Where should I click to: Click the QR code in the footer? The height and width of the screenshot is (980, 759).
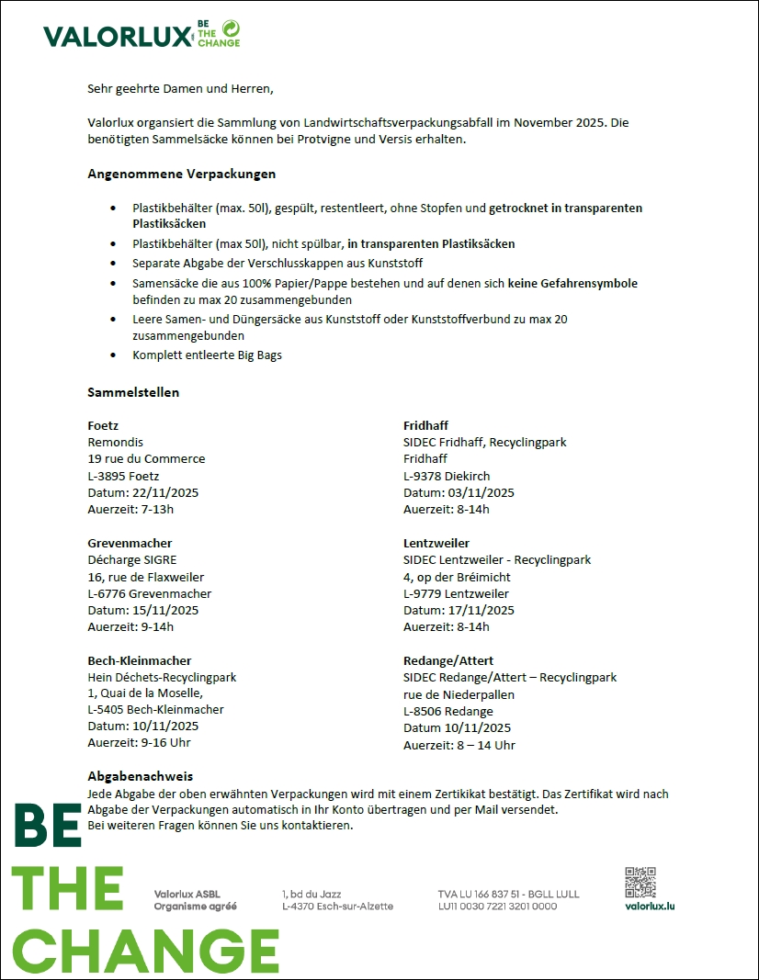click(640, 882)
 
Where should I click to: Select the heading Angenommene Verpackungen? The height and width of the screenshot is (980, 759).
click(181, 174)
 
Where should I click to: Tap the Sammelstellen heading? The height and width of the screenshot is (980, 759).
click(133, 392)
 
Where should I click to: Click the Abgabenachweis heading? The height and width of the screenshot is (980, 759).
click(140, 776)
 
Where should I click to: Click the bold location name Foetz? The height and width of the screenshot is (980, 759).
click(103, 425)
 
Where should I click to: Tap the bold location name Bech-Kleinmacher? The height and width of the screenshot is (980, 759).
click(140, 660)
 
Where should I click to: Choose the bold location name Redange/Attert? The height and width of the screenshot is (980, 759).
click(448, 660)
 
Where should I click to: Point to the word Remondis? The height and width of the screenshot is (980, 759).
click(116, 442)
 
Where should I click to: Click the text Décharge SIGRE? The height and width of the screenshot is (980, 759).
click(132, 559)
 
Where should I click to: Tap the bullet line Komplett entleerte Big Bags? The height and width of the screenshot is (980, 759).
click(207, 355)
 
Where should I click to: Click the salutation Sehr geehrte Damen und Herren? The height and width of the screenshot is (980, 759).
click(180, 89)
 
